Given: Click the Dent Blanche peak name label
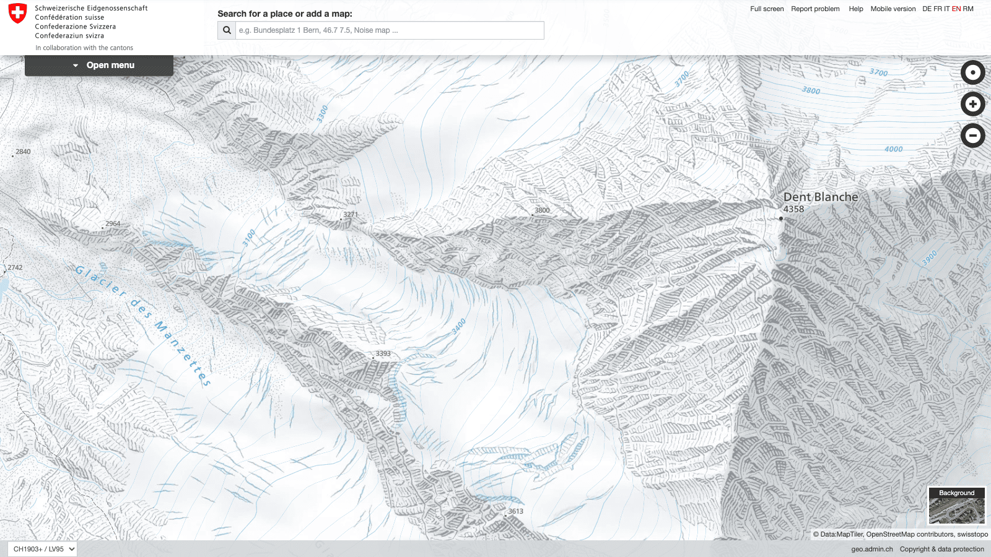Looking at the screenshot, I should point(821,197).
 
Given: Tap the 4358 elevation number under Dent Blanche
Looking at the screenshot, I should point(793,209).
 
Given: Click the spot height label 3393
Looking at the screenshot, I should point(383,354).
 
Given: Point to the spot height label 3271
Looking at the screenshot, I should point(351,215).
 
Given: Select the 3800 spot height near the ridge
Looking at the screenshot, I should point(542,210).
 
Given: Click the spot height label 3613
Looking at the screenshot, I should point(515,511).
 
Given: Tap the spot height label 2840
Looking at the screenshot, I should point(23,152).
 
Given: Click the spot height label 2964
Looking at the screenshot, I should point(113,224).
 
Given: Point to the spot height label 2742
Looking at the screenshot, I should point(15,268).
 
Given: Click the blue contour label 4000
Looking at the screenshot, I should point(893,149).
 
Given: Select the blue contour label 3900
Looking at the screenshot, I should point(930,258).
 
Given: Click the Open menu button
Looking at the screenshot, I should point(99,65).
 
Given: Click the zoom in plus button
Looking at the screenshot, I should point(972,104).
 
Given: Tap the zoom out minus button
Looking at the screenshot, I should point(972,136).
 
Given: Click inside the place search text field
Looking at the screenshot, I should point(389,30).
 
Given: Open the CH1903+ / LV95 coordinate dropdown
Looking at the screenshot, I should point(42,549).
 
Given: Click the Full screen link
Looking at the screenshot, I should point(766,9).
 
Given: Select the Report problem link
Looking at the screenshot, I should point(815,9).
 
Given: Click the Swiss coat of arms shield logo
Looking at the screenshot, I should point(18,14).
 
